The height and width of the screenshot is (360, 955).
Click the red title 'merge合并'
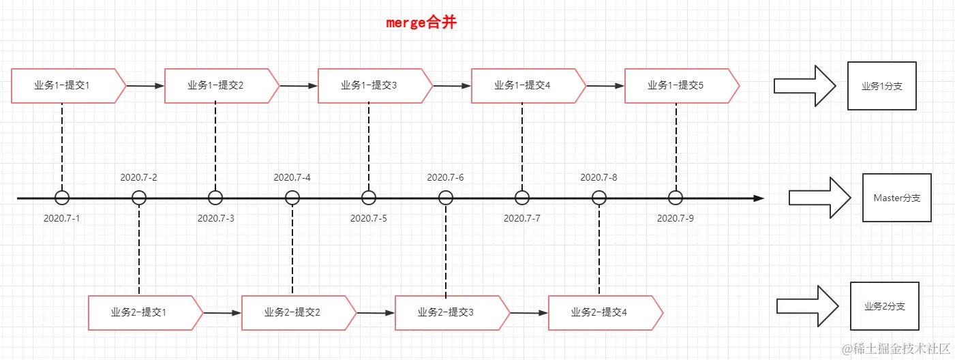pyautogui.click(x=421, y=22)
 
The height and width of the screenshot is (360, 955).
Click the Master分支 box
pyautogui.click(x=896, y=198)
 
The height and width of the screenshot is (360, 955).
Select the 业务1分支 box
pyautogui.click(x=881, y=86)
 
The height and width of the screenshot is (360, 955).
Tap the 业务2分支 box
pyautogui.click(x=885, y=307)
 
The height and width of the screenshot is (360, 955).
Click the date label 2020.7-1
pyautogui.click(x=62, y=218)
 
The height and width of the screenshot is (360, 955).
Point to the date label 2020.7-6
pyautogui.click(x=445, y=177)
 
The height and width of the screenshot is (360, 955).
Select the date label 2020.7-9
pyautogui.click(x=676, y=218)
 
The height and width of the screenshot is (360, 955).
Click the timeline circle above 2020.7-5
pyautogui.click(x=369, y=198)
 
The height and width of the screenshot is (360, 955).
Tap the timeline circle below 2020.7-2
pyautogui.click(x=139, y=198)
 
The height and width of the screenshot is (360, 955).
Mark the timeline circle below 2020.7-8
pyautogui.click(x=599, y=198)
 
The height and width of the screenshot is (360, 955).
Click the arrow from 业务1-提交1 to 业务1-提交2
pyautogui.click(x=145, y=86)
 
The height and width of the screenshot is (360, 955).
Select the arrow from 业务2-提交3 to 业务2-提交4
pyautogui.click(x=529, y=313)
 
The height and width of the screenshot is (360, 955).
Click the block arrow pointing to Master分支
pyautogui.click(x=819, y=198)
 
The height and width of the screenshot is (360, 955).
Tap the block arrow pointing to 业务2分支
pyautogui.click(x=807, y=307)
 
